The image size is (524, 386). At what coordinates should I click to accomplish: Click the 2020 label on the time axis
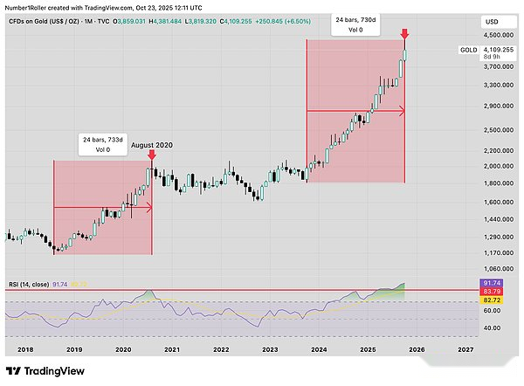(x=122, y=348)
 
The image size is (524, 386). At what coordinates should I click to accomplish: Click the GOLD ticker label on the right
(x=468, y=51)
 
